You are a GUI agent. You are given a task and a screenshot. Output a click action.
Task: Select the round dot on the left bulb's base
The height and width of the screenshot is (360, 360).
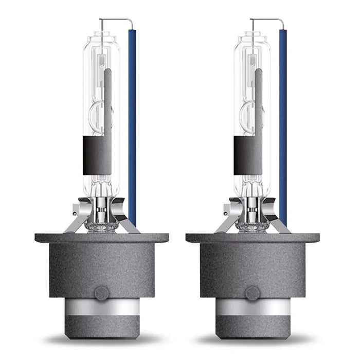[x=101, y=294]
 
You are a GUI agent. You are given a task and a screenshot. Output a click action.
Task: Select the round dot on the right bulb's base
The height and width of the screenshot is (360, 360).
[x=252, y=294]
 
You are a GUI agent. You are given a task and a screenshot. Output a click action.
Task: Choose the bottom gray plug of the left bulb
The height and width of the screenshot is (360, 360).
[x=101, y=327]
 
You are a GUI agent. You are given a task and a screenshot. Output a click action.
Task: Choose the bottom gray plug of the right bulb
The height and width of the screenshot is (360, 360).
[x=252, y=327]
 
